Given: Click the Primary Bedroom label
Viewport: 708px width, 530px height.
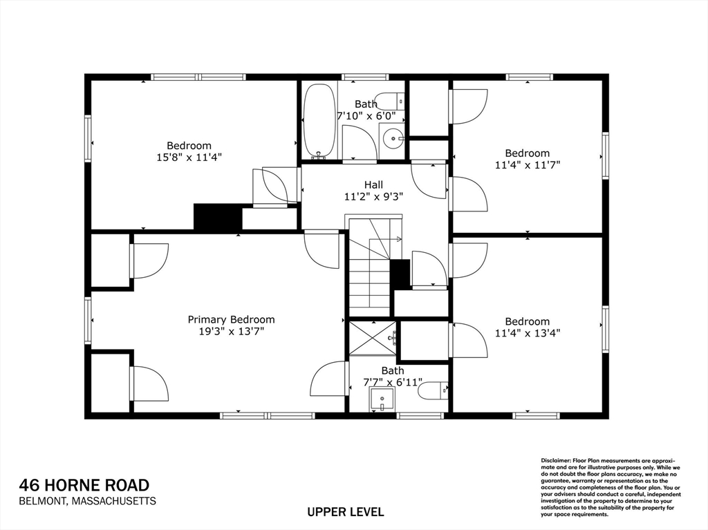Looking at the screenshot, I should tap(231, 319).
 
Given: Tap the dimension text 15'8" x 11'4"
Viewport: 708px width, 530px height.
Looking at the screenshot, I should tap(189, 158).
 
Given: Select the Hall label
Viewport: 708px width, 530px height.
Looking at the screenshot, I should tap(373, 184).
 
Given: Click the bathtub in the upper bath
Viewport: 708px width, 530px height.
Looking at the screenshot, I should tap(319, 121).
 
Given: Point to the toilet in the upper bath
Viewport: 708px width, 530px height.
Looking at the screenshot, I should tap(389, 101).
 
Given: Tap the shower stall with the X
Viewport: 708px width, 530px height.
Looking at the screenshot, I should tap(372, 338).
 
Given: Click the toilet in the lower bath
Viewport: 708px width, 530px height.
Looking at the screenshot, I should tap(435, 390).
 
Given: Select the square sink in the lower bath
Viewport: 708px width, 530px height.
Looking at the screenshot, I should tap(382, 399).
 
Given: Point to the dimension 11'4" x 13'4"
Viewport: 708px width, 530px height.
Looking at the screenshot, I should tap(527, 332).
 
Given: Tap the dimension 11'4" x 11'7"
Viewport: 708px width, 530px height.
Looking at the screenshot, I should tap(527, 164).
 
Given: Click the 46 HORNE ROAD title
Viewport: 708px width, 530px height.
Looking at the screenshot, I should tap(84, 485).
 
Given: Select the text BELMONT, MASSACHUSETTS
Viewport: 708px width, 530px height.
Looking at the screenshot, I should tap(87, 501).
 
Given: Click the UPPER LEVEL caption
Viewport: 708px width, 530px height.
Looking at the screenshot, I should tap(345, 512).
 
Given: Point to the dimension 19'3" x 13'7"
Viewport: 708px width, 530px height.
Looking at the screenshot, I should tap(231, 331).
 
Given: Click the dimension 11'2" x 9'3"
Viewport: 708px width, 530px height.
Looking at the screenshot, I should tap(373, 196).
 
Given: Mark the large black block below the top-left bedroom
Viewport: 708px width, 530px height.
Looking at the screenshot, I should tap(217, 217).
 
